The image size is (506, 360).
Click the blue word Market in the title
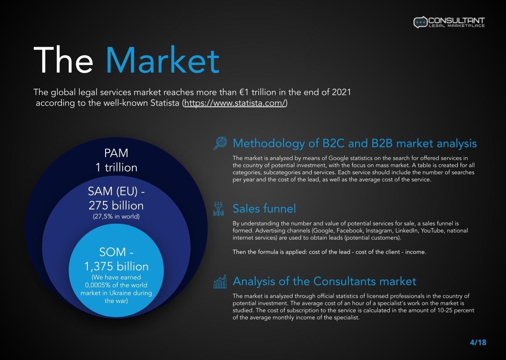click(x=162, y=60)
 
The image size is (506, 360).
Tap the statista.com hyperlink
click(x=235, y=103)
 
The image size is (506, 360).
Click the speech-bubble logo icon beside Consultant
click(x=420, y=22)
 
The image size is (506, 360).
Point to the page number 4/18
click(x=478, y=342)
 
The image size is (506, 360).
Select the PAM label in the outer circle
click(x=116, y=153)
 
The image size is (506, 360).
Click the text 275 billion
click(x=116, y=205)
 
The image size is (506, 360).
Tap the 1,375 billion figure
click(x=116, y=266)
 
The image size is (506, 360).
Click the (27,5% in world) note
click(x=116, y=217)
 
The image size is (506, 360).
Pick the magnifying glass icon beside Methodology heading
click(x=220, y=143)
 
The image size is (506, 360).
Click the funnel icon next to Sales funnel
click(x=218, y=209)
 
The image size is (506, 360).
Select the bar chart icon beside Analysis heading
click(x=220, y=282)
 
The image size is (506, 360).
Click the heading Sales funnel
click(x=264, y=209)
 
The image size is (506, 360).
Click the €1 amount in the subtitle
click(x=244, y=92)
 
